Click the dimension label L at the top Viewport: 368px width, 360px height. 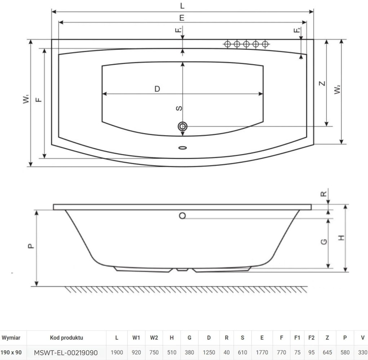[182, 6]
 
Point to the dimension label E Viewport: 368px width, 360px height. [182, 18]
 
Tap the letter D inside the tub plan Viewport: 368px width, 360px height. [157, 89]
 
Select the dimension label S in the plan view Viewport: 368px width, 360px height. [179, 108]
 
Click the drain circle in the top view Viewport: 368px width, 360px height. [183, 126]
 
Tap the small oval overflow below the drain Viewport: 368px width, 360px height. [183, 147]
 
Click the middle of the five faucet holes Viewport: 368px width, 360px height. [246, 44]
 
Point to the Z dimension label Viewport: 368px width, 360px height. [322, 83]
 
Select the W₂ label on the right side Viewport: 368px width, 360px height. [337, 90]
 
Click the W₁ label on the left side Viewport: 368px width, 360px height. [25, 99]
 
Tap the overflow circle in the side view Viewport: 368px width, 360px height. [183, 216]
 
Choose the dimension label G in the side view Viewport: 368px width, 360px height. [324, 242]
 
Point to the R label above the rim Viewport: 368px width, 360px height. [324, 194]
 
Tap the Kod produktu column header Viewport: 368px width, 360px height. [66, 338]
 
